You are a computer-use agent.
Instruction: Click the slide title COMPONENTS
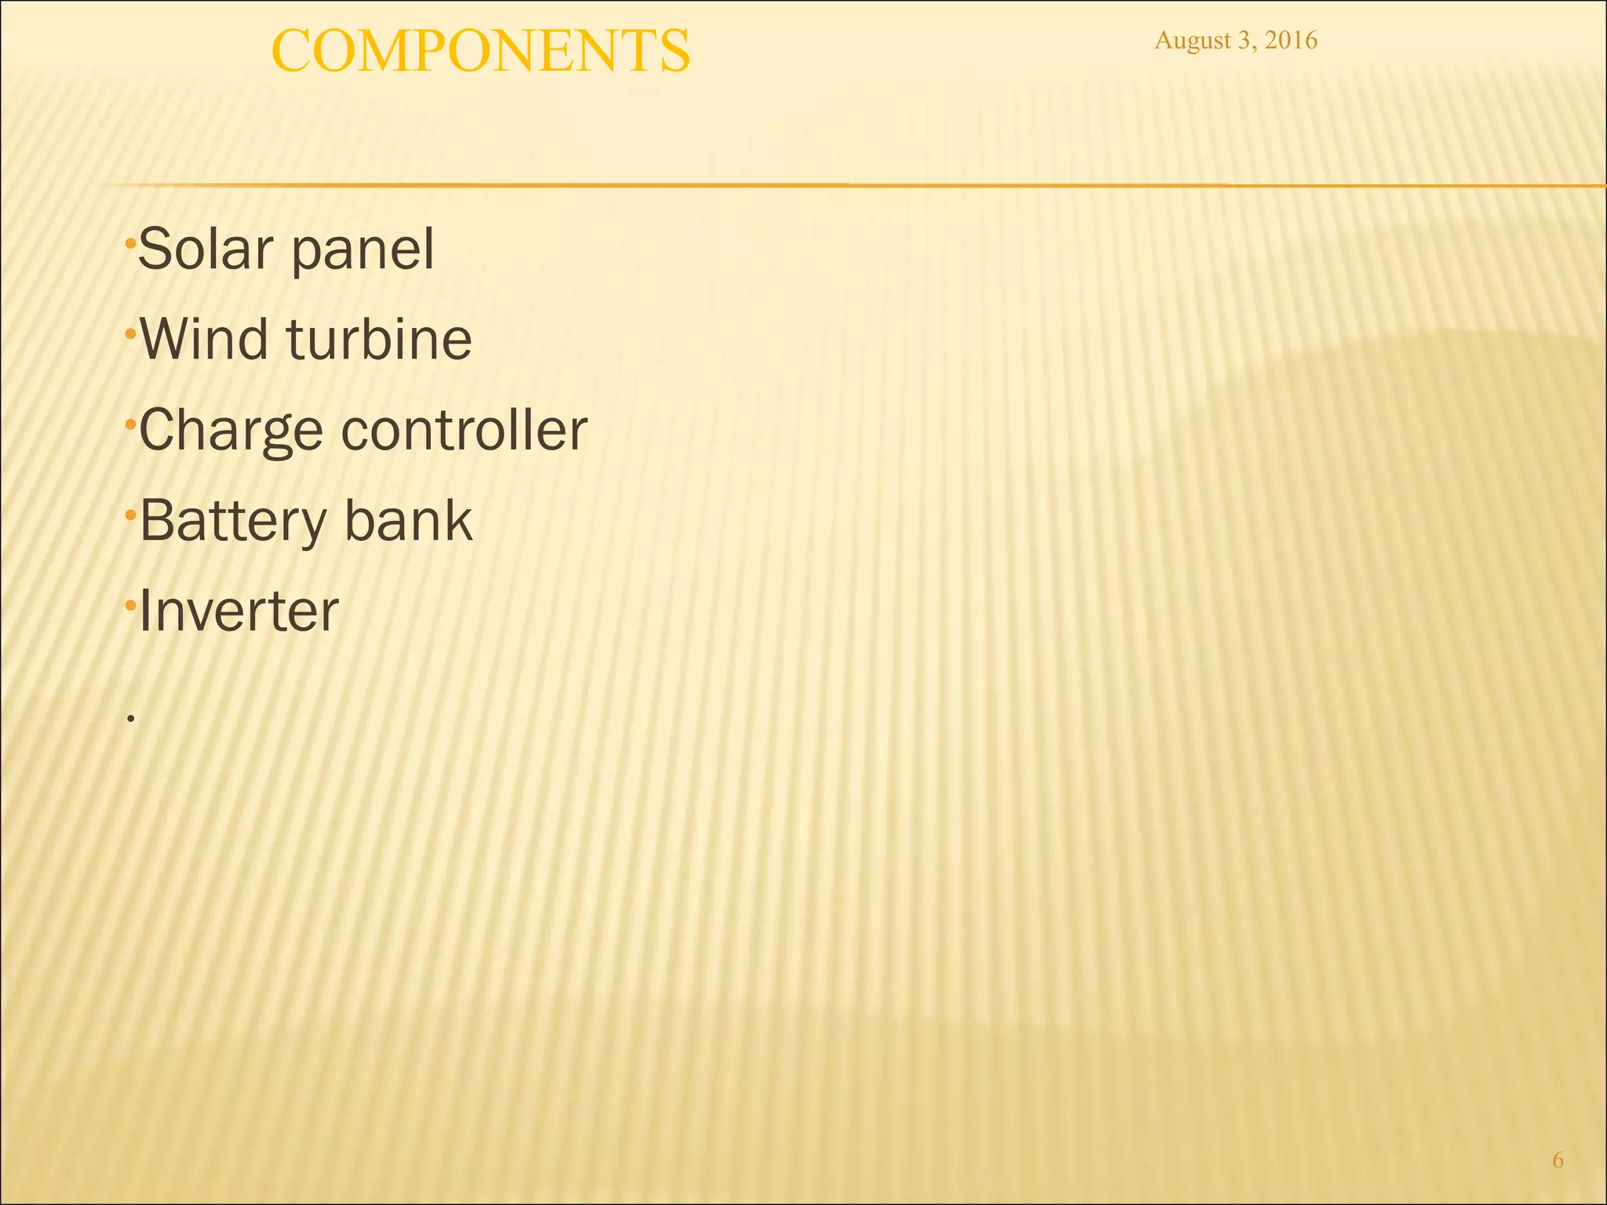(x=480, y=51)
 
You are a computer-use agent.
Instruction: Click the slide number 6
(x=1558, y=1160)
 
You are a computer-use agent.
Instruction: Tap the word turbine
(x=379, y=339)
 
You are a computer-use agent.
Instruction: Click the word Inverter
(x=239, y=611)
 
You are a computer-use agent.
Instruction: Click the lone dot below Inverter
(x=131, y=718)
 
